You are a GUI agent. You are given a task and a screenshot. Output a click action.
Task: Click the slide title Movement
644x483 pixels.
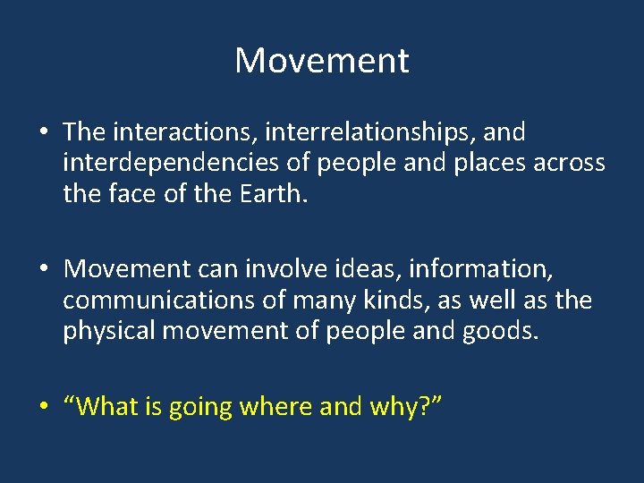click(x=322, y=61)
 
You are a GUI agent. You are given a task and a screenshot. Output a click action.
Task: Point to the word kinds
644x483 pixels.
click(x=383, y=300)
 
